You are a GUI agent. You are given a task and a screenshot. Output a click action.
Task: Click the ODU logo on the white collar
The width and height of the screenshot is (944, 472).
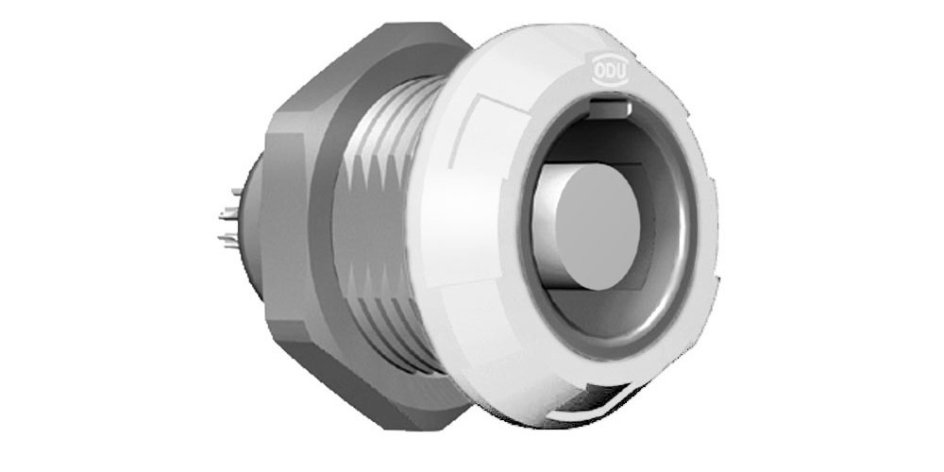click(x=611, y=69)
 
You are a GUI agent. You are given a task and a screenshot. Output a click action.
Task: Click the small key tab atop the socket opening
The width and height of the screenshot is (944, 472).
click(x=610, y=109)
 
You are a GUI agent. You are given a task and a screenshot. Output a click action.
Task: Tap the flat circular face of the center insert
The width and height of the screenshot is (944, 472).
click(x=598, y=227)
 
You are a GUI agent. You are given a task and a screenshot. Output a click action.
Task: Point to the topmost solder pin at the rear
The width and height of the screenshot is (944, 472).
click(x=237, y=192)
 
